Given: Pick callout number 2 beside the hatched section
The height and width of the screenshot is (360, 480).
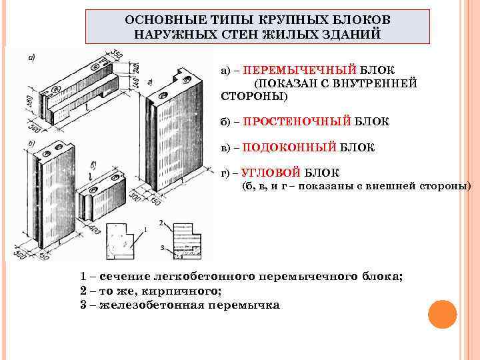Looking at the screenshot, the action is (161, 222).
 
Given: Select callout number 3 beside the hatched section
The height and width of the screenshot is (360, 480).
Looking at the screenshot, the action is (162, 247).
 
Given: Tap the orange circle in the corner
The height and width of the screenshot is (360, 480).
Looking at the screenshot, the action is (441, 314).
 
